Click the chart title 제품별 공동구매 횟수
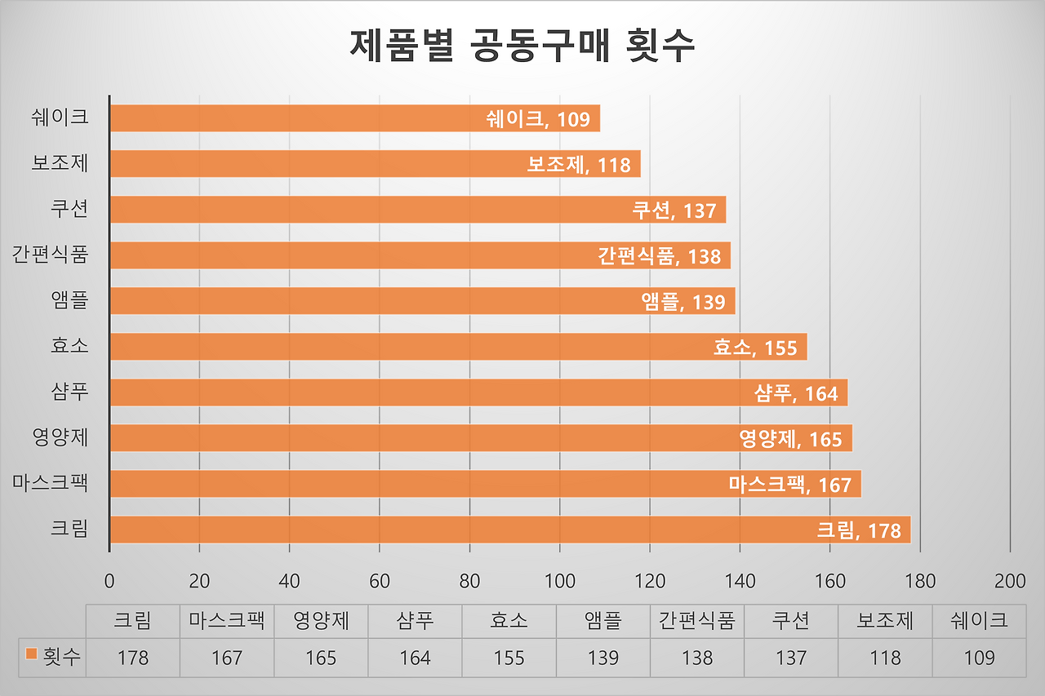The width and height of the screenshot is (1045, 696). [522, 46]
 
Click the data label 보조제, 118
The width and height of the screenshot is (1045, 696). [579, 165]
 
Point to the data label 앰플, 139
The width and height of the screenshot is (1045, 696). [683, 302]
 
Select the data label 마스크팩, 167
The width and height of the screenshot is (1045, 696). [789, 485]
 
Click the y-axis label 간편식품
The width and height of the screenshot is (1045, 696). [50, 255]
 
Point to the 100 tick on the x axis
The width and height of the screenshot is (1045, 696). [560, 581]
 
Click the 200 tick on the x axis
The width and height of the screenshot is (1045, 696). [1011, 581]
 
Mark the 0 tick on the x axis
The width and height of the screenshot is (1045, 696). [109, 581]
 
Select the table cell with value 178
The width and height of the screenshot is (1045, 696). [132, 657]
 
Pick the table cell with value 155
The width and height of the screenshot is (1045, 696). [509, 657]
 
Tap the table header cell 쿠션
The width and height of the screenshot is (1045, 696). [791, 621]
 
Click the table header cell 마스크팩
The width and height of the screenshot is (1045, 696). [226, 621]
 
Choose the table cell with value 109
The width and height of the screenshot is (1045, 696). [979, 657]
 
